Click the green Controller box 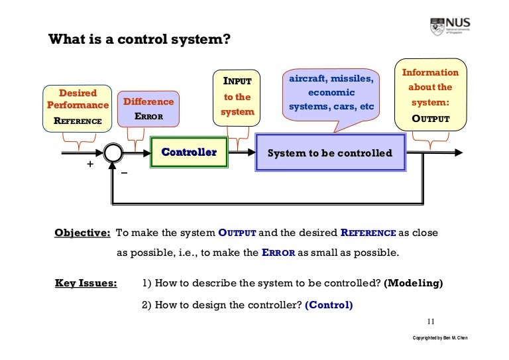(189, 152)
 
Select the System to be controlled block (329, 153)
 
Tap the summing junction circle (114, 153)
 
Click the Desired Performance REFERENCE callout (78, 107)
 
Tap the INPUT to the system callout (237, 97)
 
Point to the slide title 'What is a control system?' (139, 39)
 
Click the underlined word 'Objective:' (82, 233)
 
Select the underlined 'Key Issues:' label (85, 284)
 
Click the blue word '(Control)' (329, 306)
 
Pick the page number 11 (431, 322)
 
